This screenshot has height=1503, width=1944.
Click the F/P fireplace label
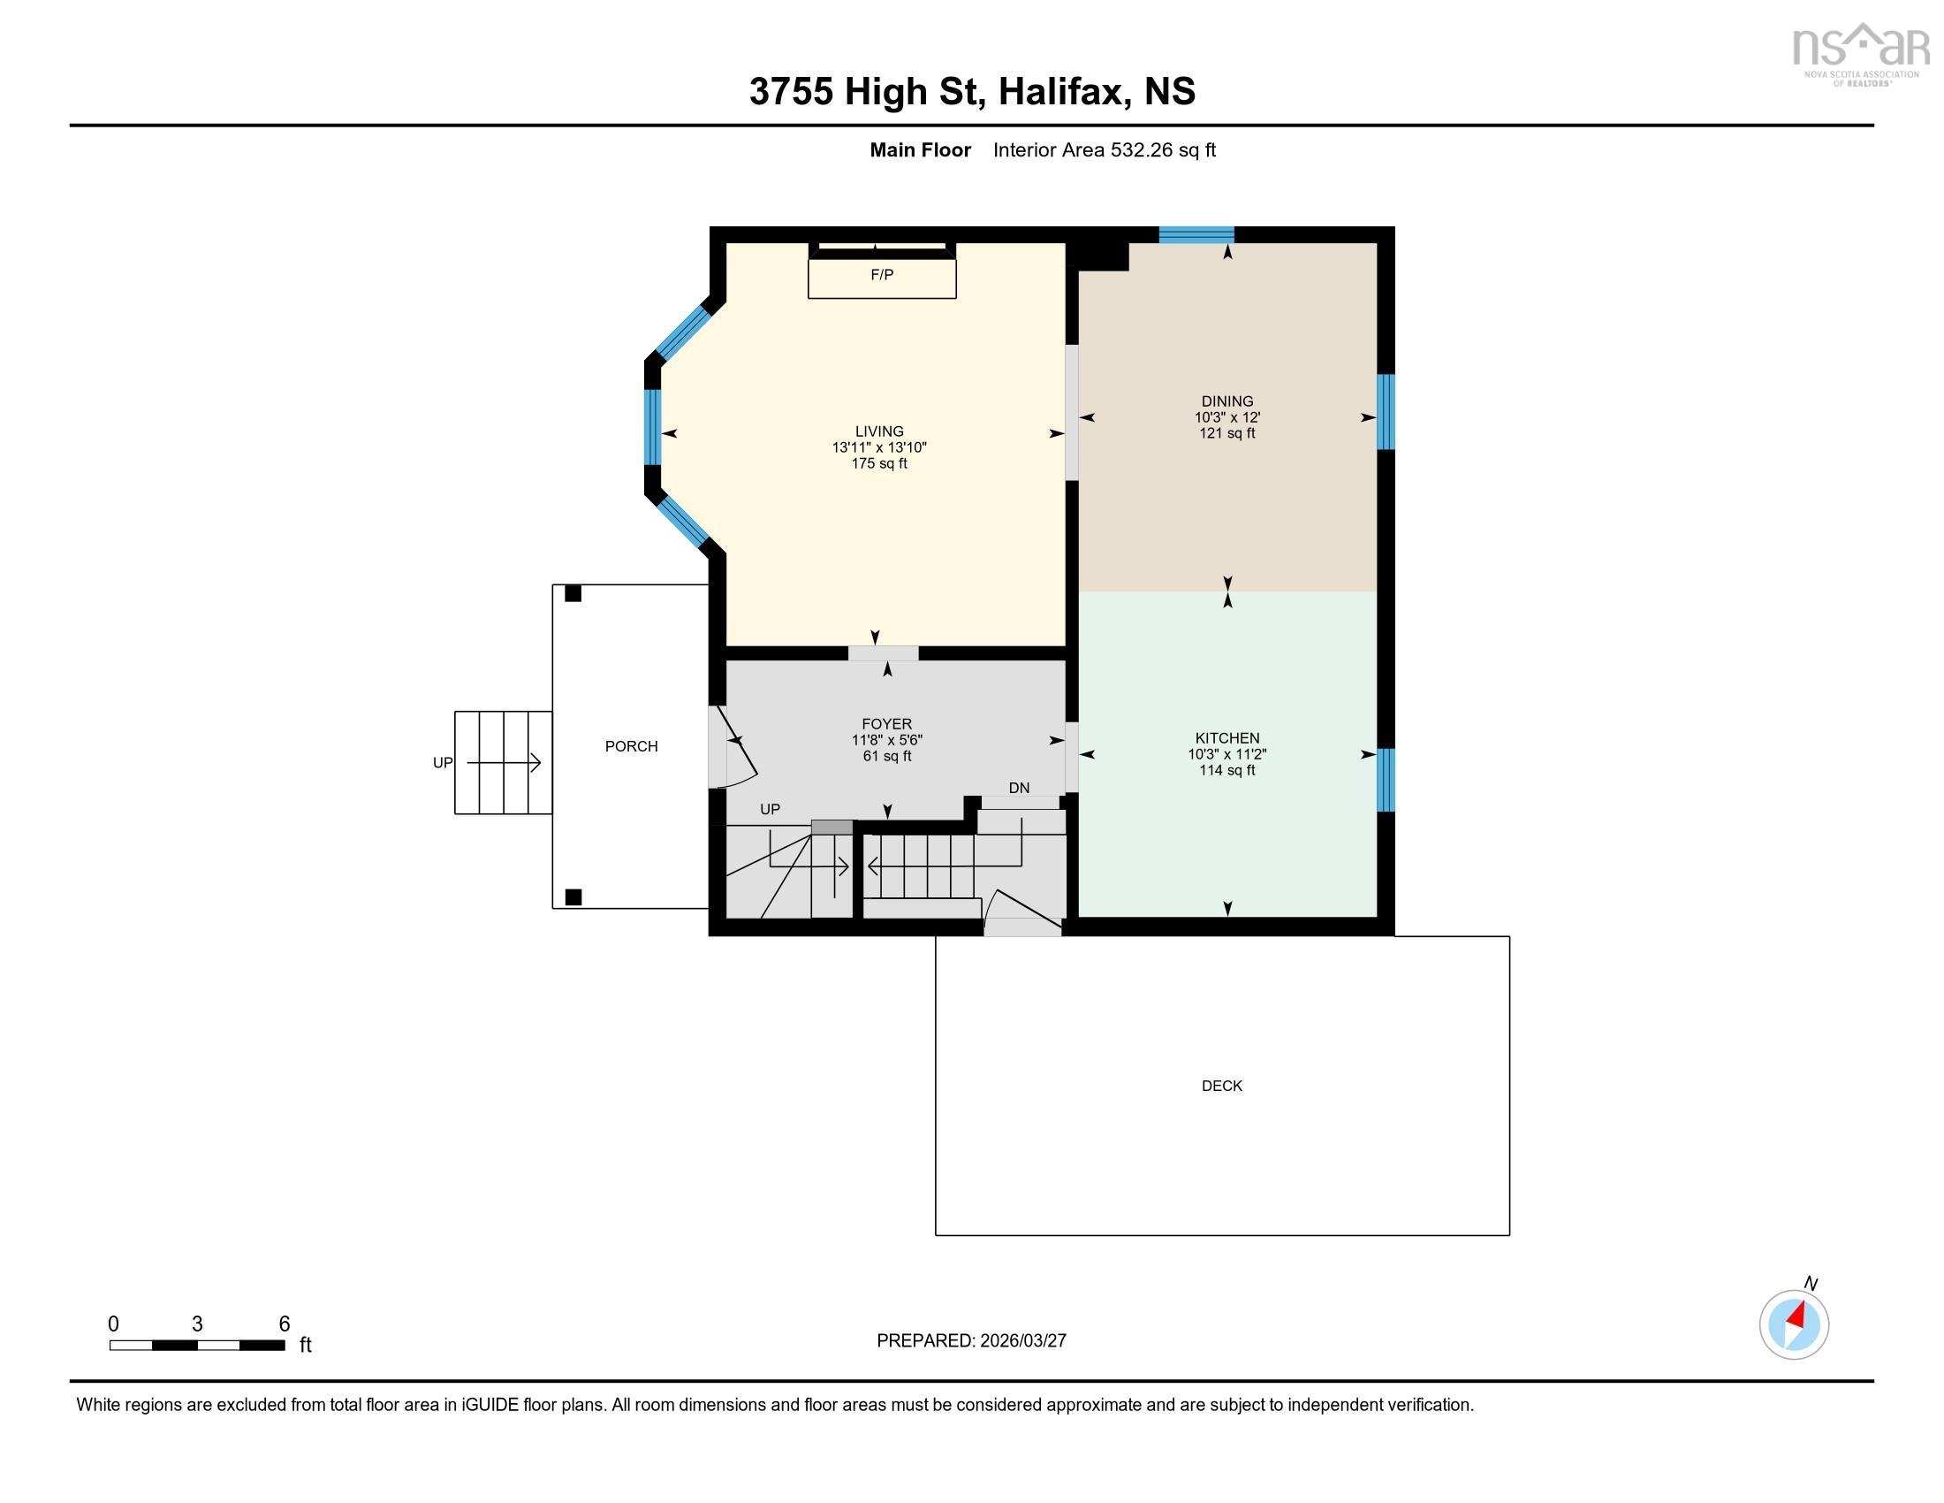[881, 274]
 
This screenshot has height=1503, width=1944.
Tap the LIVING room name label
[878, 431]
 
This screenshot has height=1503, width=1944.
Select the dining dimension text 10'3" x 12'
[1226, 416]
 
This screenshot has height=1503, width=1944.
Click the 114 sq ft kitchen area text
[1226, 770]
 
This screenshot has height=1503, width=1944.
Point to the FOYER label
[886, 724]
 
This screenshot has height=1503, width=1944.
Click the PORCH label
[631, 746]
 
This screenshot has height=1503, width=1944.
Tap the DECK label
[1221, 1086]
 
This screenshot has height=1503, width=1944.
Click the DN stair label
[1018, 788]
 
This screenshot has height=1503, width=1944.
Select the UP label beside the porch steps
[443, 762]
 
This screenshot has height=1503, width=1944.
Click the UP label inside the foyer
[769, 809]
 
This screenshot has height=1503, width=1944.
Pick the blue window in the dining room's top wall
[1196, 235]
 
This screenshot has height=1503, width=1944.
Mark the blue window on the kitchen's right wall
[1385, 780]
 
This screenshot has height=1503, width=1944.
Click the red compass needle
[1797, 1316]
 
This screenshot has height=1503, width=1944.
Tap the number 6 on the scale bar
[284, 1324]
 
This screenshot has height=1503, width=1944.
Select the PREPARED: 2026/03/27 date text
[970, 1340]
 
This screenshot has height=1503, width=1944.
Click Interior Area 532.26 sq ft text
[1104, 149]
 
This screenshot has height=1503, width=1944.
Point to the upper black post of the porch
[573, 593]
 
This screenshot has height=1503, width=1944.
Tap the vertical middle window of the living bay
[652, 426]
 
